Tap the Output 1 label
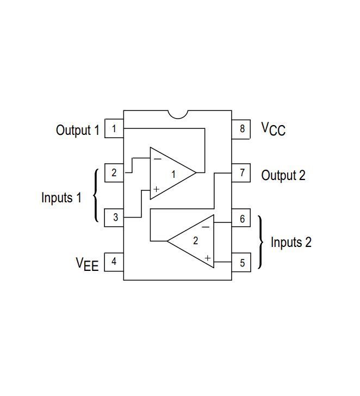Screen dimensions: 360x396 pyautogui.click(x=78, y=131)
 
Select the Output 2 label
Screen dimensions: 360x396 pyautogui.click(x=283, y=175)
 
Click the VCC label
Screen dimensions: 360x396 pyautogui.click(x=274, y=129)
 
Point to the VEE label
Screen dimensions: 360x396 pyautogui.click(x=87, y=264)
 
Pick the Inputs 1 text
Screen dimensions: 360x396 pyautogui.click(x=61, y=197)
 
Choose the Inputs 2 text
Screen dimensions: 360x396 pyautogui.click(x=291, y=242)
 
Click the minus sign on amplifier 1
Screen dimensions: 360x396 pyautogui.click(x=158, y=159)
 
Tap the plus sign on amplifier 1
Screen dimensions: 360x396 pyautogui.click(x=157, y=189)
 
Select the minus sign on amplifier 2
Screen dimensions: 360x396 pyautogui.click(x=206, y=227)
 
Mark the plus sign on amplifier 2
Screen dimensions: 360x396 pyautogui.click(x=208, y=258)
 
